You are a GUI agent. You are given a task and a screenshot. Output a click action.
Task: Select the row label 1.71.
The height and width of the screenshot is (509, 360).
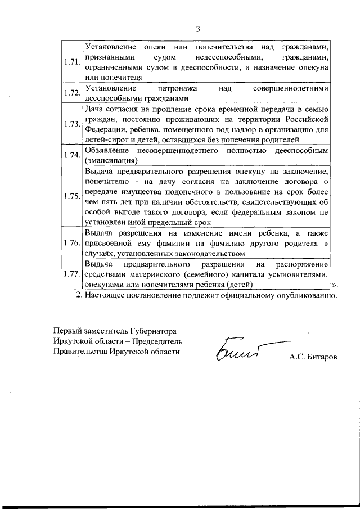[x=72, y=62]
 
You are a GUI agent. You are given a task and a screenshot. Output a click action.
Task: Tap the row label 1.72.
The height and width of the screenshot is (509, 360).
[x=72, y=93]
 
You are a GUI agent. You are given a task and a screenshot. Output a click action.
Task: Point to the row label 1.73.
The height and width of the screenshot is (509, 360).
[x=72, y=124]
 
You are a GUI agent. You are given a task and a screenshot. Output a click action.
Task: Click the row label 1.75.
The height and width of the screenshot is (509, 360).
[x=72, y=196]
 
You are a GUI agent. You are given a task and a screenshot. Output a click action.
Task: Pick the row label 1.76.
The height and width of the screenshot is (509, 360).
[x=72, y=243]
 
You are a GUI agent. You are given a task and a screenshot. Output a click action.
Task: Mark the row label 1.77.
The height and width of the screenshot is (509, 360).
[x=72, y=274]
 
